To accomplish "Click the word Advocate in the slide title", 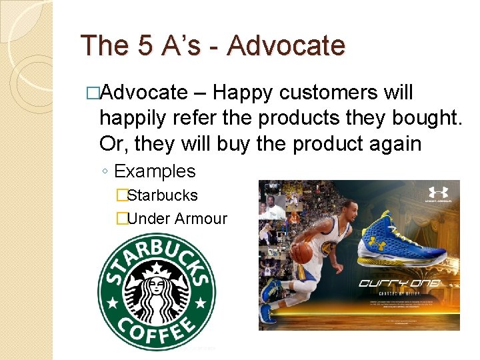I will [x=286, y=46].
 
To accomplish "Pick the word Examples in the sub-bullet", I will [x=155, y=171].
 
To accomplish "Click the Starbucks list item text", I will [x=162, y=195].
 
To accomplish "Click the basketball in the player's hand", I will [x=303, y=253].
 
